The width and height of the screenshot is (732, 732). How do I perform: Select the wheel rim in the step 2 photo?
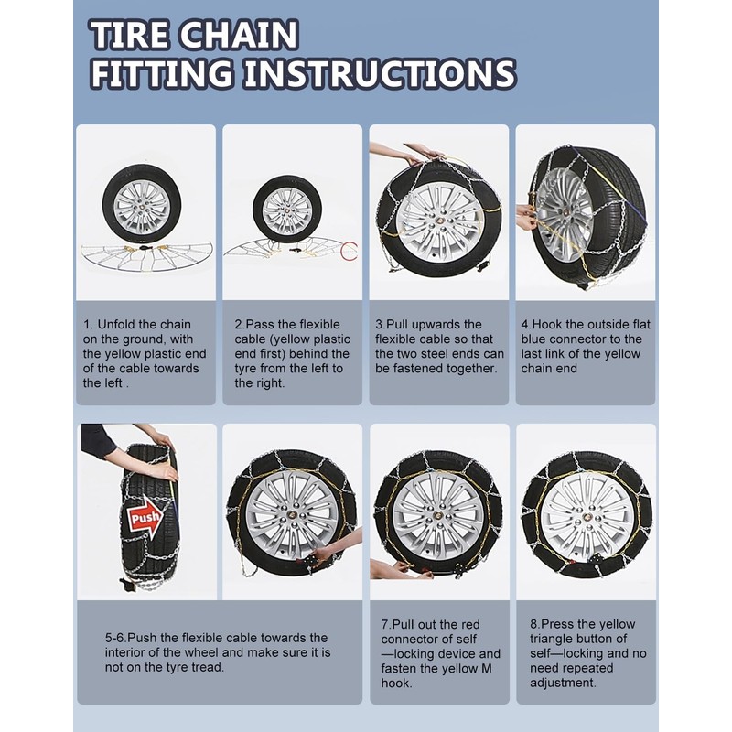coord(287,211)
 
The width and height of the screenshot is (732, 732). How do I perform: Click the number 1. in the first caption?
coord(88,325)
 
